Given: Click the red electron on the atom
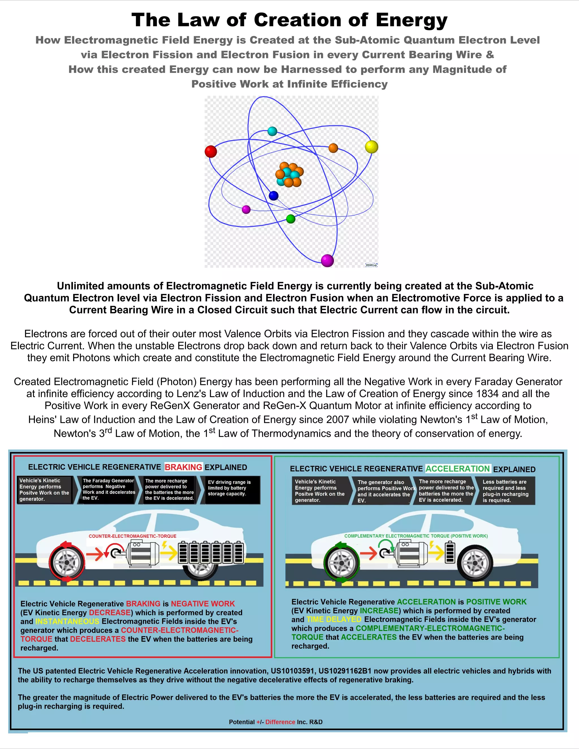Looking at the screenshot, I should pos(211,151).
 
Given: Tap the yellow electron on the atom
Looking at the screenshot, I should pos(371,147).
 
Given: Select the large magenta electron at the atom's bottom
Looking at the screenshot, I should pos(327,261).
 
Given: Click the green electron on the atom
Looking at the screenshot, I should pos(291,219).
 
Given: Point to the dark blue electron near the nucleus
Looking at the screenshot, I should pos(273,196).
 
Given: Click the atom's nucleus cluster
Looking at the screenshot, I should pos(289,175).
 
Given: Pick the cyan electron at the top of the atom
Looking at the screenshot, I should pos(272,131).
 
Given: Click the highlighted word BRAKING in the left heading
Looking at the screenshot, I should pos(183,467).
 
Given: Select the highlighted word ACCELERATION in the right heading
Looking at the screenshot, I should pos(458,469).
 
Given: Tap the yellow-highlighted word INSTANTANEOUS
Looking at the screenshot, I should pos(67,622).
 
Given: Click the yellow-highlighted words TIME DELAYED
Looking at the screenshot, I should pos(334,619).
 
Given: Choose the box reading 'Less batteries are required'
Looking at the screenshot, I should pos(505,491).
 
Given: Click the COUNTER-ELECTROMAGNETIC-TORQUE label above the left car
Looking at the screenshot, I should pos(132,536).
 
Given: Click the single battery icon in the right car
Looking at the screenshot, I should pos(450,552).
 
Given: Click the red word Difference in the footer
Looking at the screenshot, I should pos(280,722).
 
